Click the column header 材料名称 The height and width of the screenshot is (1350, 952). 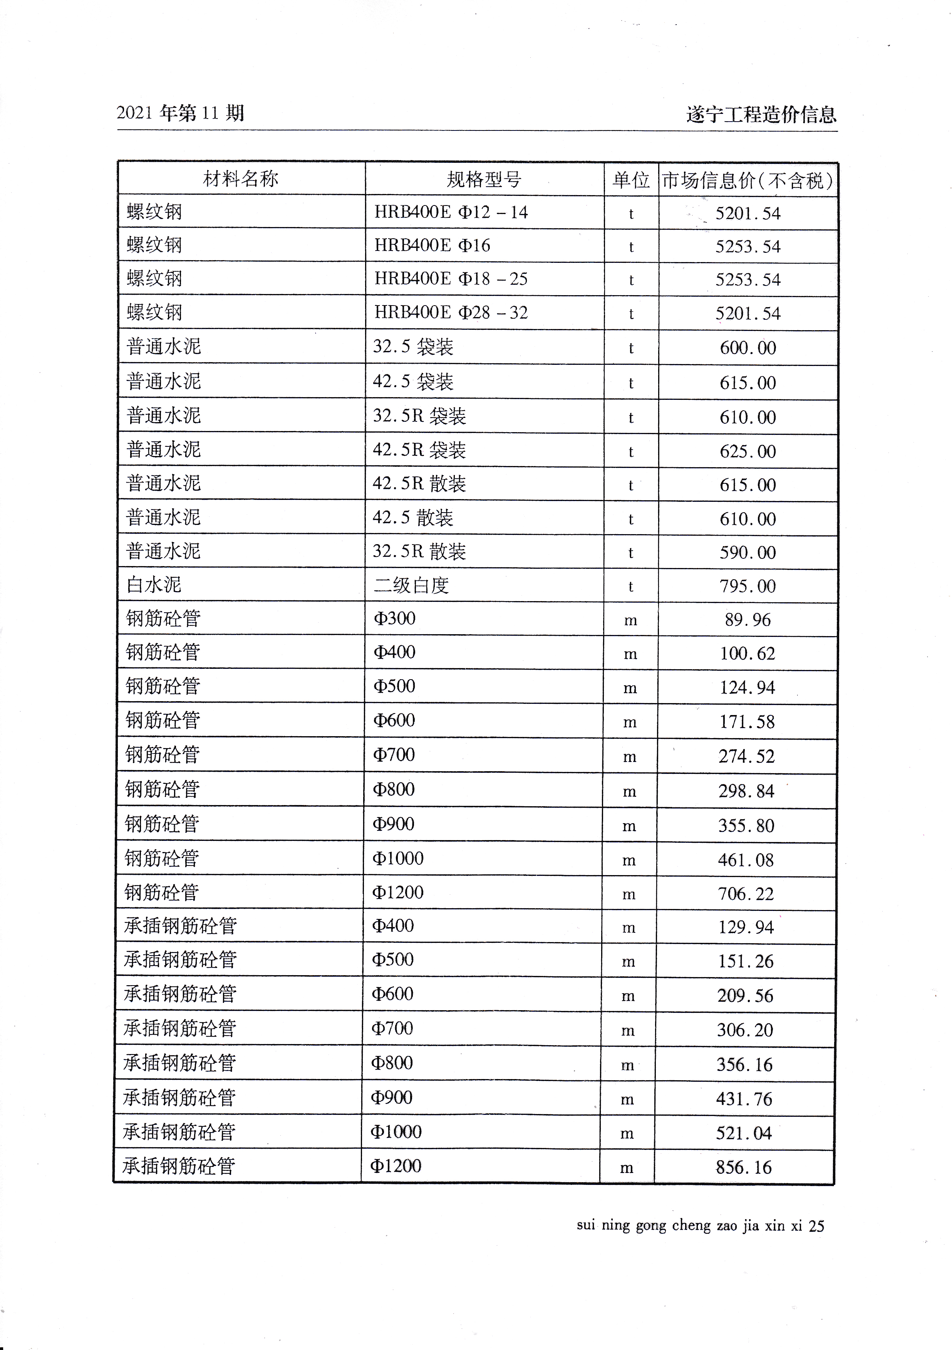tap(241, 179)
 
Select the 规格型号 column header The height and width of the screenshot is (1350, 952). tap(484, 179)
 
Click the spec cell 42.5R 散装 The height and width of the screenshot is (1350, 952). tap(419, 484)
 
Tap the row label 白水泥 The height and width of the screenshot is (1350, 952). tap(154, 585)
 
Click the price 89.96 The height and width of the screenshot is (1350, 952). tap(747, 620)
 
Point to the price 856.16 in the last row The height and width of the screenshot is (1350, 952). tap(744, 1168)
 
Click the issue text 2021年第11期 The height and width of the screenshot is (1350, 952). tap(180, 113)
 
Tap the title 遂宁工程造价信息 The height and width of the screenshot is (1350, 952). tap(761, 114)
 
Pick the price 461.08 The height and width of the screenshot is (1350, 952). tap(746, 860)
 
